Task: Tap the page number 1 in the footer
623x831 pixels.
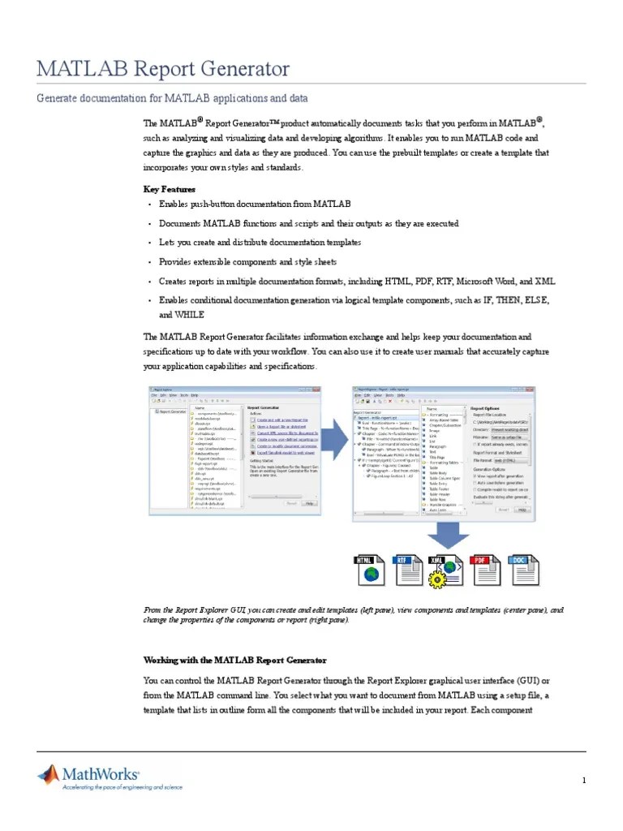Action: (583, 781)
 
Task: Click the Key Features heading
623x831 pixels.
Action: (170, 189)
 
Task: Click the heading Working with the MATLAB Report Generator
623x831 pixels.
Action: (234, 660)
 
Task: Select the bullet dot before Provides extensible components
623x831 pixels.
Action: (149, 263)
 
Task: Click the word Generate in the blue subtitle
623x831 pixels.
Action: (62, 99)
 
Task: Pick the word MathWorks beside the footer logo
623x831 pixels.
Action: (104, 775)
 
